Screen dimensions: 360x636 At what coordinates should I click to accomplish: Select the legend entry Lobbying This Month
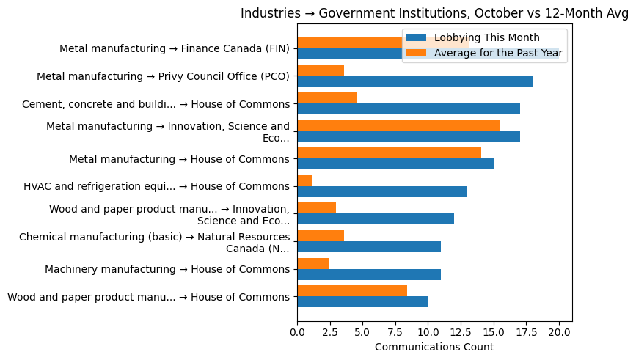[486, 38]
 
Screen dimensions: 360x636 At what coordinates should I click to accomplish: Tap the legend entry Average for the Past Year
[498, 53]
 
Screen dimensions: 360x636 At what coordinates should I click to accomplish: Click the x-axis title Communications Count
[434, 347]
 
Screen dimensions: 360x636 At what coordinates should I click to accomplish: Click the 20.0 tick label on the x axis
[559, 332]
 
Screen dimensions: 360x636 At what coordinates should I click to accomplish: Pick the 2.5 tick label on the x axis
[330, 332]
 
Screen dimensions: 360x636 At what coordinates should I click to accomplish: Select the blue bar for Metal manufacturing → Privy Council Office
[414, 81]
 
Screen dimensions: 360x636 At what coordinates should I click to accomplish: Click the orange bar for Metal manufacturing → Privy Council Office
[321, 70]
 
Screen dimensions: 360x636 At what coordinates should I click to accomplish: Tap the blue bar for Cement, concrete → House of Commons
[409, 109]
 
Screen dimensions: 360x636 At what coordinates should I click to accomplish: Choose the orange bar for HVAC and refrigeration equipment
[305, 180]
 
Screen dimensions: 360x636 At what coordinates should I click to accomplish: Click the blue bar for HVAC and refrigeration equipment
[382, 191]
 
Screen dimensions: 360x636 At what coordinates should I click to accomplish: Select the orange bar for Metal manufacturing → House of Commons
[389, 153]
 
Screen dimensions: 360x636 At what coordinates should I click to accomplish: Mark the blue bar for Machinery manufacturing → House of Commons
[369, 274]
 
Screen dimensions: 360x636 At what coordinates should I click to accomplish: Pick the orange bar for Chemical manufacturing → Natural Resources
[321, 236]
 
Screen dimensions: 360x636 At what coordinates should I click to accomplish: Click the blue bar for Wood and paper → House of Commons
[362, 302]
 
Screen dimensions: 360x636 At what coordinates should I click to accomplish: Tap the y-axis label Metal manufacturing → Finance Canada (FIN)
[175, 48]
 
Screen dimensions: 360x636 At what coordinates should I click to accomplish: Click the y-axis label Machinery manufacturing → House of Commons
[167, 269]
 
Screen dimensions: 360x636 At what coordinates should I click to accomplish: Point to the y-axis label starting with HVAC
[156, 186]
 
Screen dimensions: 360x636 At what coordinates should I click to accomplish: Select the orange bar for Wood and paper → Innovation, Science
[316, 208]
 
